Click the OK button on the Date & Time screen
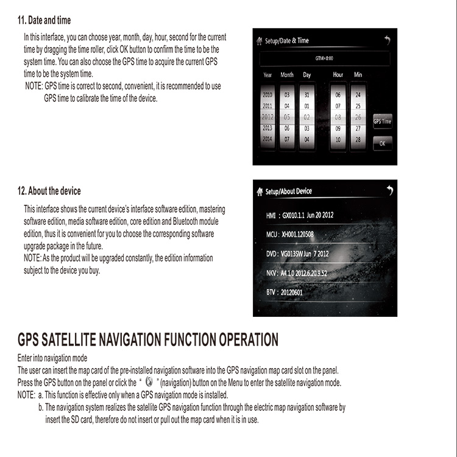pos(382,144)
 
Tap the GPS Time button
pos(382,121)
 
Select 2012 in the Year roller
pos(267,116)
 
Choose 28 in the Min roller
pos(358,140)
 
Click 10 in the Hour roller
pos(338,140)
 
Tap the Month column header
pos(286,75)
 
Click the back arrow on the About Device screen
pos(389,191)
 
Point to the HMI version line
pos(300,215)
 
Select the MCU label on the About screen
pos(272,234)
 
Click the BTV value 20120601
pos(291,292)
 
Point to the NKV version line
pos(297,273)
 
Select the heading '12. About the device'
pos(49,191)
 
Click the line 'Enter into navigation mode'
pos(52,358)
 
